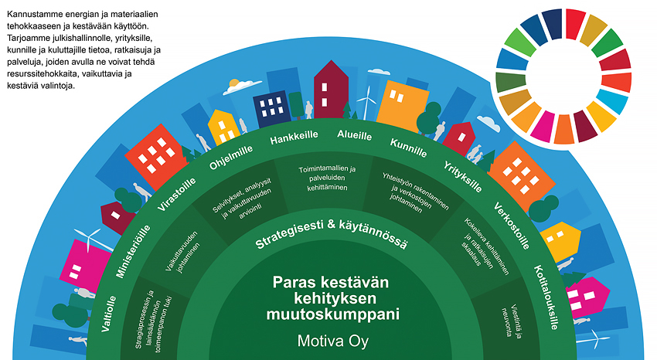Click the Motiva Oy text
click(x=332, y=341)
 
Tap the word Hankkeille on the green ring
click(x=294, y=138)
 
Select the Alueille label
click(x=355, y=135)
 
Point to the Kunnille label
click(x=409, y=148)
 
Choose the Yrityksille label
click(x=462, y=177)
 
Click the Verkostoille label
click(x=512, y=226)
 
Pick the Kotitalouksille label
click(x=546, y=297)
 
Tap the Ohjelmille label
click(x=231, y=158)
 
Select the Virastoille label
click(x=176, y=194)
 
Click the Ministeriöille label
click(x=133, y=251)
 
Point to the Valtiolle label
click(x=108, y=314)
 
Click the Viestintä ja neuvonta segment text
click(x=512, y=321)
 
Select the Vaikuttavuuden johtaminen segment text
click(x=182, y=252)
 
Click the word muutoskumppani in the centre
click(x=332, y=314)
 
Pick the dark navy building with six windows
click(x=271, y=109)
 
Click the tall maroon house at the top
click(x=331, y=89)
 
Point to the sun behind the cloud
click(x=233, y=83)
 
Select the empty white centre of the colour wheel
click(x=563, y=76)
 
